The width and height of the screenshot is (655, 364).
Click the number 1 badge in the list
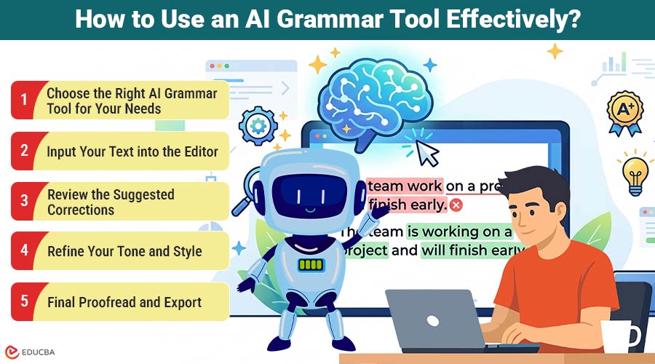tap(23, 100)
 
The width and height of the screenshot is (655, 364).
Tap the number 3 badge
tap(23, 202)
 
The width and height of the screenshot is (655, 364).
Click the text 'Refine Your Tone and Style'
tap(124, 252)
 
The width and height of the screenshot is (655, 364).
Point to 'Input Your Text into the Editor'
tap(132, 151)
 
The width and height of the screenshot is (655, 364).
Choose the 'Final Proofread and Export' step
tap(124, 302)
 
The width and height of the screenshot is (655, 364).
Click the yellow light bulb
tap(635, 171)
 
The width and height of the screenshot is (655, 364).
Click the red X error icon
tap(456, 205)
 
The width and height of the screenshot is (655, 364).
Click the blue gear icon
tap(258, 126)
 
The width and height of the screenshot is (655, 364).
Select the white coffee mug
tap(620, 339)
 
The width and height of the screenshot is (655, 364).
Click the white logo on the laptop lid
tap(433, 320)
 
